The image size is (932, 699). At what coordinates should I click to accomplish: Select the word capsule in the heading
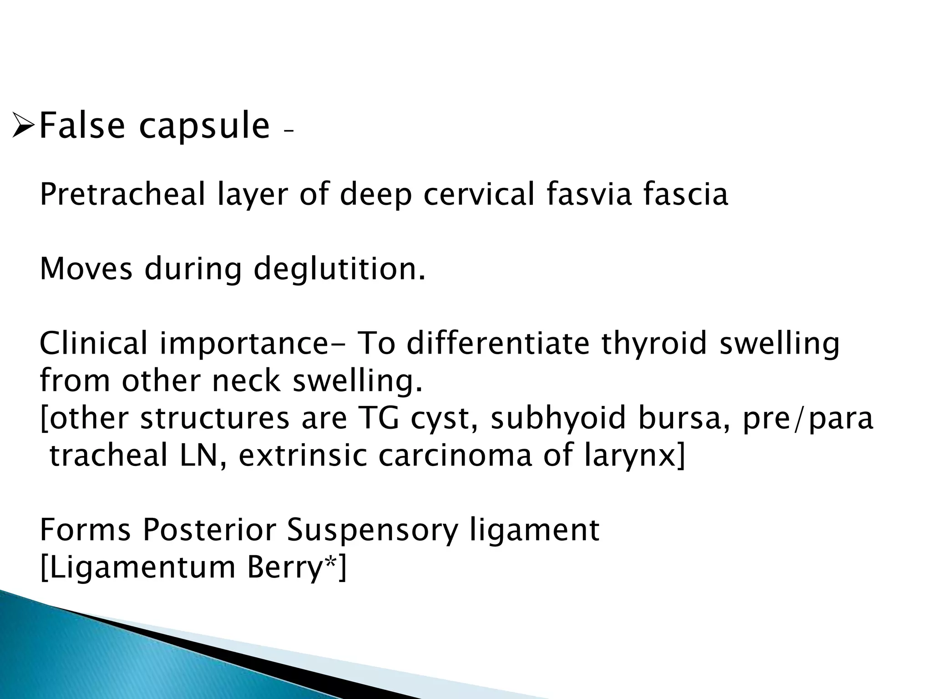(x=204, y=127)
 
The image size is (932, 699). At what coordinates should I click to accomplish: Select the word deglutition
(x=339, y=269)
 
